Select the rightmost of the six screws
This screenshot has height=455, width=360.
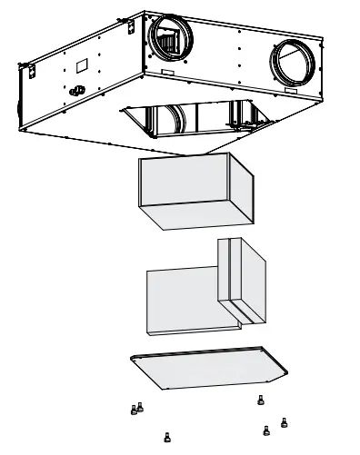tap(285, 421)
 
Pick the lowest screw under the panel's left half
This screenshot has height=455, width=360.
tap(165, 437)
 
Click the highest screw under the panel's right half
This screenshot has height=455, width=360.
tap(261, 400)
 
